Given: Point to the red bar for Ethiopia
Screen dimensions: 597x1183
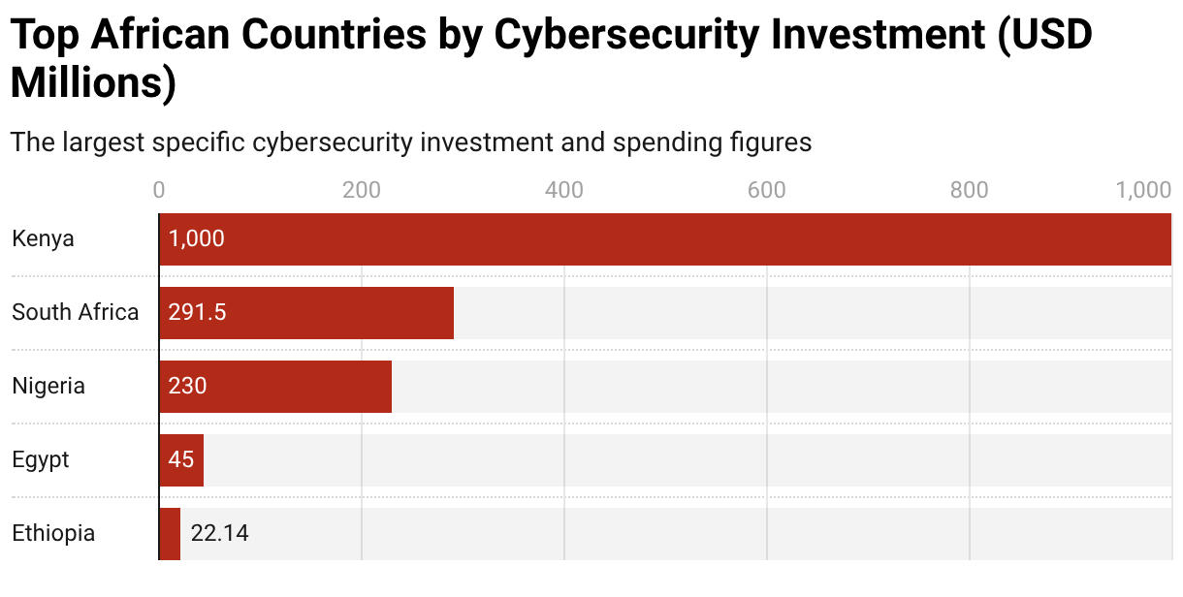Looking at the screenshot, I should coord(170,534).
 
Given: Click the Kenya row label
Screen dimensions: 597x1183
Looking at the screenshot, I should coord(44,239).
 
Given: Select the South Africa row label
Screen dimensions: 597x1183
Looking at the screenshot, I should coord(76,313).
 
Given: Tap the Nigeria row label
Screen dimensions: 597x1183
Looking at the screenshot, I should coord(48,387).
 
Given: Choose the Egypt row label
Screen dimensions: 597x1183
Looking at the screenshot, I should coord(41,460).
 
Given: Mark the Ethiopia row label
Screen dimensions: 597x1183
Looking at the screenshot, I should coord(53,534).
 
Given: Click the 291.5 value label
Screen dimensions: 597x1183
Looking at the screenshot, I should coord(197,313).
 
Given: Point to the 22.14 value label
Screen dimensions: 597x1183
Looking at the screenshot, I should coord(220,534).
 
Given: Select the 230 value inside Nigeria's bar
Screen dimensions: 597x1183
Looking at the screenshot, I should coord(187,387).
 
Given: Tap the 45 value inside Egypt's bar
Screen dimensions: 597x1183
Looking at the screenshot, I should coord(181,460).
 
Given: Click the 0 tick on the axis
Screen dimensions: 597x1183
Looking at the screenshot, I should coord(159,190).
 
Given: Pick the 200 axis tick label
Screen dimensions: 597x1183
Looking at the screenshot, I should coord(362,190).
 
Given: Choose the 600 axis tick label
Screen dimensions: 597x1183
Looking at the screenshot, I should coord(767,190).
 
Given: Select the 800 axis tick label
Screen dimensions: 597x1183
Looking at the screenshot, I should coord(970,190).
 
